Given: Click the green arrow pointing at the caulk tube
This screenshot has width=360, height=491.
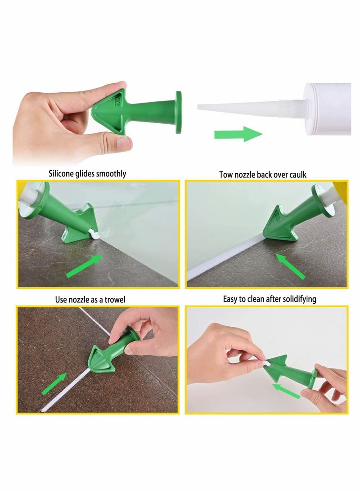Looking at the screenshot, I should point(238,134).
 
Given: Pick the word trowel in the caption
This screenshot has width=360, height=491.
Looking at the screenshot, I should point(115,299).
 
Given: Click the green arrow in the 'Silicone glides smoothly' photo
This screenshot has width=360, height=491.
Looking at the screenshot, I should point(84,266).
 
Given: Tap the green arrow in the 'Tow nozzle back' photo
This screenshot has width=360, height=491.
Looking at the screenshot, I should point(291,266).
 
